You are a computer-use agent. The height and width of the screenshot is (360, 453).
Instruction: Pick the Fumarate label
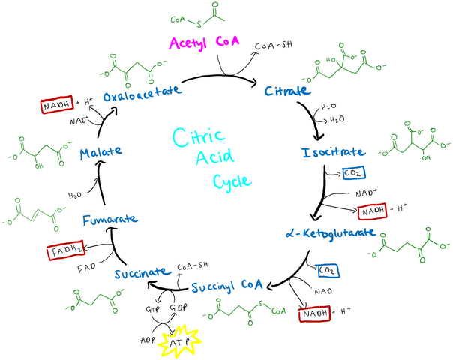[x=109, y=219]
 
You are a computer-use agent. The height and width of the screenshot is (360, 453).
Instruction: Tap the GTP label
[x=152, y=309]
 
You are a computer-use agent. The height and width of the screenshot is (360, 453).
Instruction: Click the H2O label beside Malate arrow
[x=75, y=194]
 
